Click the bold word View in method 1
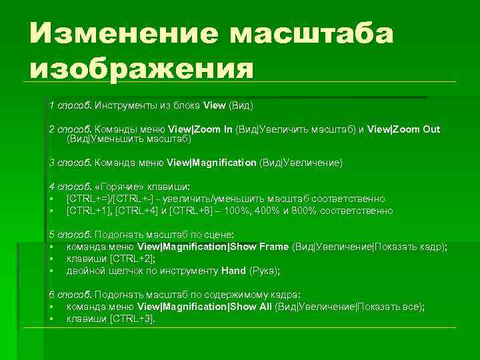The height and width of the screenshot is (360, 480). (215, 105)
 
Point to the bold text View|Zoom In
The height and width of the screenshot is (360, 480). (199, 129)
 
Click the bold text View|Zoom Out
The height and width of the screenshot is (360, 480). (404, 129)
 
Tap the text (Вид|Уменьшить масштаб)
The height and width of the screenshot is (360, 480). (129, 139)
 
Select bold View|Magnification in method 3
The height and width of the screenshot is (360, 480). (211, 162)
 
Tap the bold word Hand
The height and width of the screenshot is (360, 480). (233, 271)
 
